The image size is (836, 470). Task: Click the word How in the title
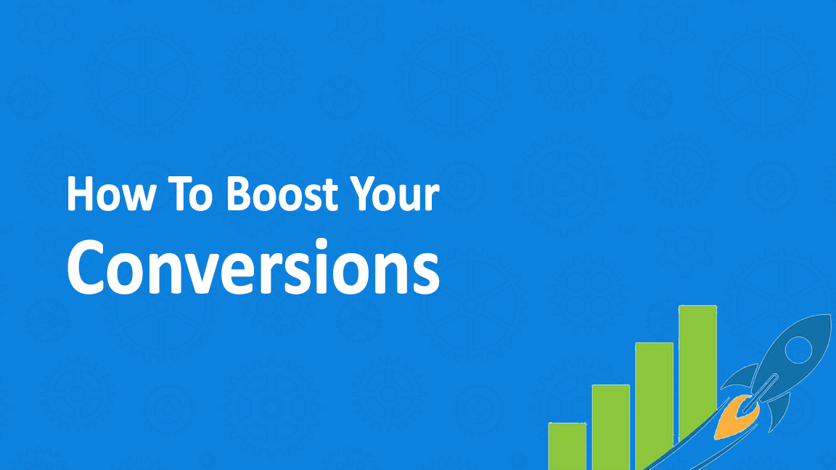click(111, 194)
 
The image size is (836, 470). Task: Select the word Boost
click(282, 194)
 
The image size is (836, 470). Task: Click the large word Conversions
click(253, 267)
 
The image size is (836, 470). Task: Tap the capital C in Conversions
click(86, 267)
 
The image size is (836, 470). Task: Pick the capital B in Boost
click(239, 194)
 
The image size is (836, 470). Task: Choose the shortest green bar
click(567, 447)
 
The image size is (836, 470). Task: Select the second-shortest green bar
click(611, 427)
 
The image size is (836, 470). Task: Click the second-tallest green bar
click(654, 405)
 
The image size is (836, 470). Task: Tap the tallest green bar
click(697, 373)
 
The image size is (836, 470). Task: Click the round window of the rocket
click(798, 350)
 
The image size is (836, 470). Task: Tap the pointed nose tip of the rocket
click(829, 316)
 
